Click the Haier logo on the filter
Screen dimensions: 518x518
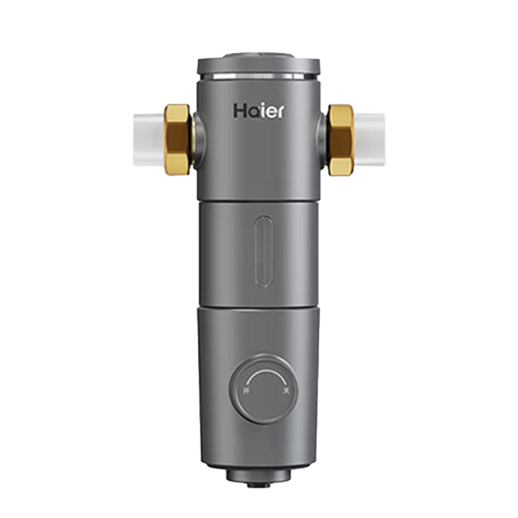tap(258, 111)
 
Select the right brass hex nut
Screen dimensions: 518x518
tap(341, 141)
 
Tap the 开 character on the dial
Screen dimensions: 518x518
tap(245, 391)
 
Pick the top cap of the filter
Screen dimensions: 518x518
tap(259, 62)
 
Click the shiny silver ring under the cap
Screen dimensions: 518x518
tap(259, 75)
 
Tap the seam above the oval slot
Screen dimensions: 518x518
tap(259, 199)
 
